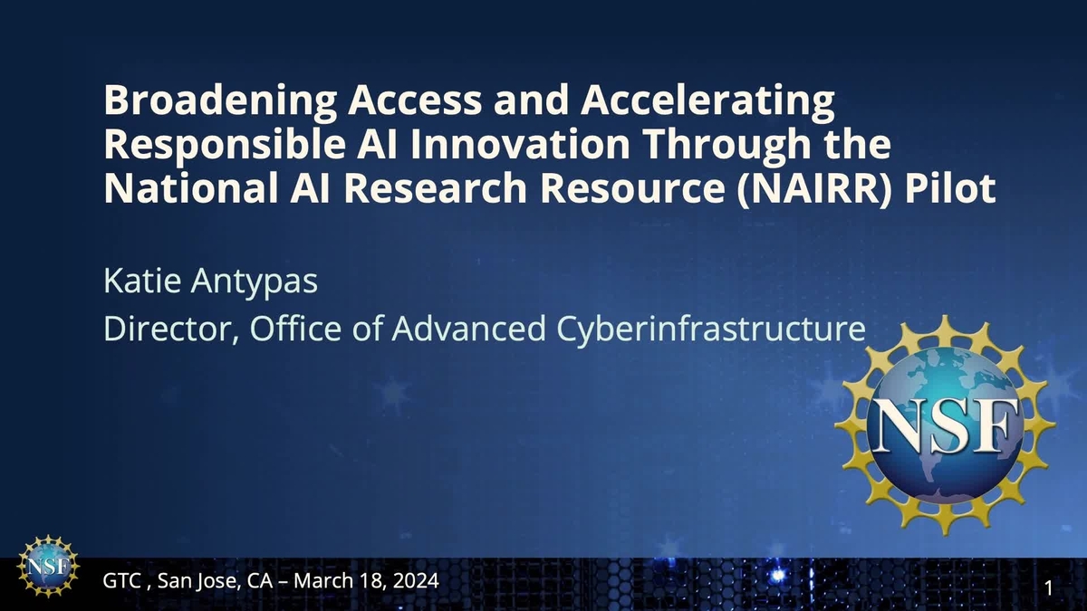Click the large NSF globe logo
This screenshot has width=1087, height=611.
[x=945, y=425]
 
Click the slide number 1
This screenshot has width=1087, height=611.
[x=1048, y=589]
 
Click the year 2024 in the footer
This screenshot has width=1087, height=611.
[x=415, y=580]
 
